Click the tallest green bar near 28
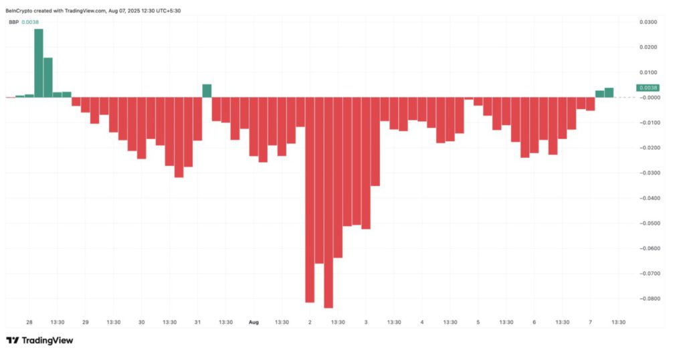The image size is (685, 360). (39, 63)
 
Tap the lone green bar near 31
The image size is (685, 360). (207, 91)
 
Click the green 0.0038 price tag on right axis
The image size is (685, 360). (648, 88)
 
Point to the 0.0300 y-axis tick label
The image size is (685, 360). (648, 22)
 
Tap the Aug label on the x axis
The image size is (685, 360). (254, 322)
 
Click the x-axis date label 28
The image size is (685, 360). (29, 322)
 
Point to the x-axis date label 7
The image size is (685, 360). (591, 322)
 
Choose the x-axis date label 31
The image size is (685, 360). (197, 322)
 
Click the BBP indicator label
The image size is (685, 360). (13, 22)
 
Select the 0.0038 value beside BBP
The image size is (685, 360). (30, 22)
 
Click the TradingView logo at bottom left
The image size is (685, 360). (40, 340)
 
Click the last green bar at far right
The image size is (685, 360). (609, 92)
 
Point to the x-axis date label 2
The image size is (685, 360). (310, 322)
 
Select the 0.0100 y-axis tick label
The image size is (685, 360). (648, 72)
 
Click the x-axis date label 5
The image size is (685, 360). (478, 322)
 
